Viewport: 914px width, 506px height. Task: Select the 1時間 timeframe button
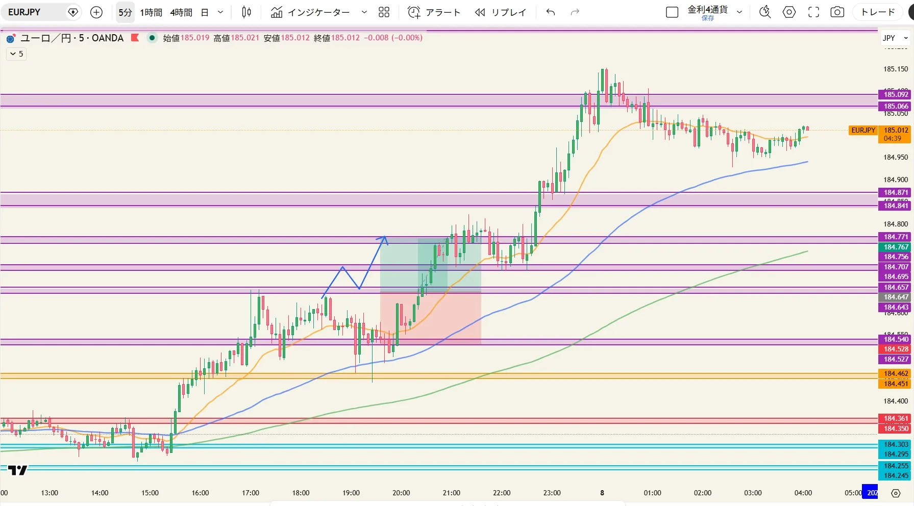pos(151,12)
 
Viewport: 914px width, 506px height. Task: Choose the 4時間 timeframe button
pos(181,12)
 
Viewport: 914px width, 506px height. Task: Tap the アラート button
pos(434,12)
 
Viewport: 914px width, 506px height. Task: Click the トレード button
pos(878,12)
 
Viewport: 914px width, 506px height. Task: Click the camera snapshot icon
pos(837,12)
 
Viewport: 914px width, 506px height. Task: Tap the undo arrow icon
pos(551,12)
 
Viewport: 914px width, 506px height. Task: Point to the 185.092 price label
pos(896,94)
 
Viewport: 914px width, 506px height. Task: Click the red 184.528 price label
pos(896,349)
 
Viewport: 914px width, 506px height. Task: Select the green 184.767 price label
pos(896,247)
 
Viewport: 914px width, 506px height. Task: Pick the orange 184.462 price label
pos(896,373)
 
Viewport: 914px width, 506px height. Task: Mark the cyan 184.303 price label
pos(896,444)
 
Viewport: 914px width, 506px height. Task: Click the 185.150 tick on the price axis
pos(896,69)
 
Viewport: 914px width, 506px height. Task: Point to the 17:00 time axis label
pos(251,493)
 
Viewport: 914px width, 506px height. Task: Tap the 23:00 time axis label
pos(552,493)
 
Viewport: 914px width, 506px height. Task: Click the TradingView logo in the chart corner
pos(18,470)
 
